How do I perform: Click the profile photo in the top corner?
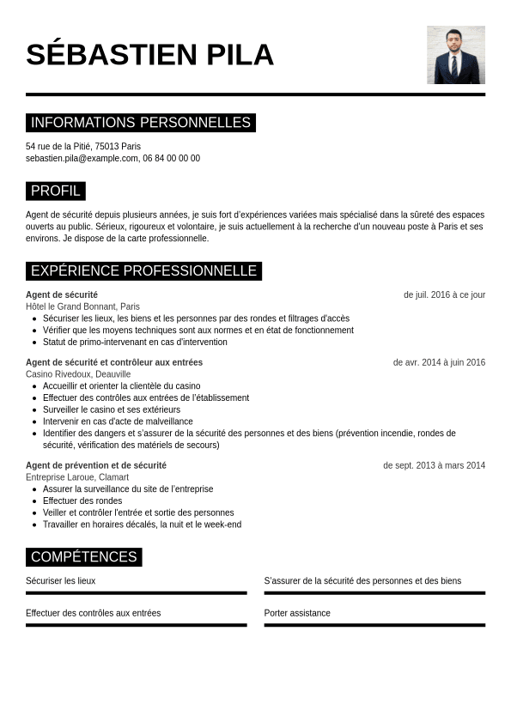(x=455, y=55)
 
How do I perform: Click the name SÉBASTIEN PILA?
(x=149, y=55)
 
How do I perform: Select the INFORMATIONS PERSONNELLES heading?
(x=140, y=123)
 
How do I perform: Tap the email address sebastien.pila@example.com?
(x=82, y=158)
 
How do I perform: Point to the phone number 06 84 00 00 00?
(x=172, y=158)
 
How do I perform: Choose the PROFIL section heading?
(x=55, y=191)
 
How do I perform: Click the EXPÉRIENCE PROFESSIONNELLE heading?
(x=143, y=271)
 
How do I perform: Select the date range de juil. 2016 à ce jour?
(x=444, y=294)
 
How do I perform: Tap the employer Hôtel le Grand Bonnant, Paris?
(x=82, y=306)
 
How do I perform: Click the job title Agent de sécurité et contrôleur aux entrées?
(x=114, y=362)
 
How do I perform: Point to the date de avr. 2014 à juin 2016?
(x=439, y=362)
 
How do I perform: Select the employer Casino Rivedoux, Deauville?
(x=78, y=374)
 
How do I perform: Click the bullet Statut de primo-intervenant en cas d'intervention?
(x=135, y=342)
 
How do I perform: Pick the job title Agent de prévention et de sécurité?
(x=96, y=465)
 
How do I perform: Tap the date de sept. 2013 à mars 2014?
(x=434, y=465)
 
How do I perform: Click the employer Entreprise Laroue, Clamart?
(x=77, y=477)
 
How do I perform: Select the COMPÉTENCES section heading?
(x=83, y=557)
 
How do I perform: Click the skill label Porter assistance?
(x=297, y=613)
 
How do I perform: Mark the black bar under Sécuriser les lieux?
(x=136, y=592)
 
